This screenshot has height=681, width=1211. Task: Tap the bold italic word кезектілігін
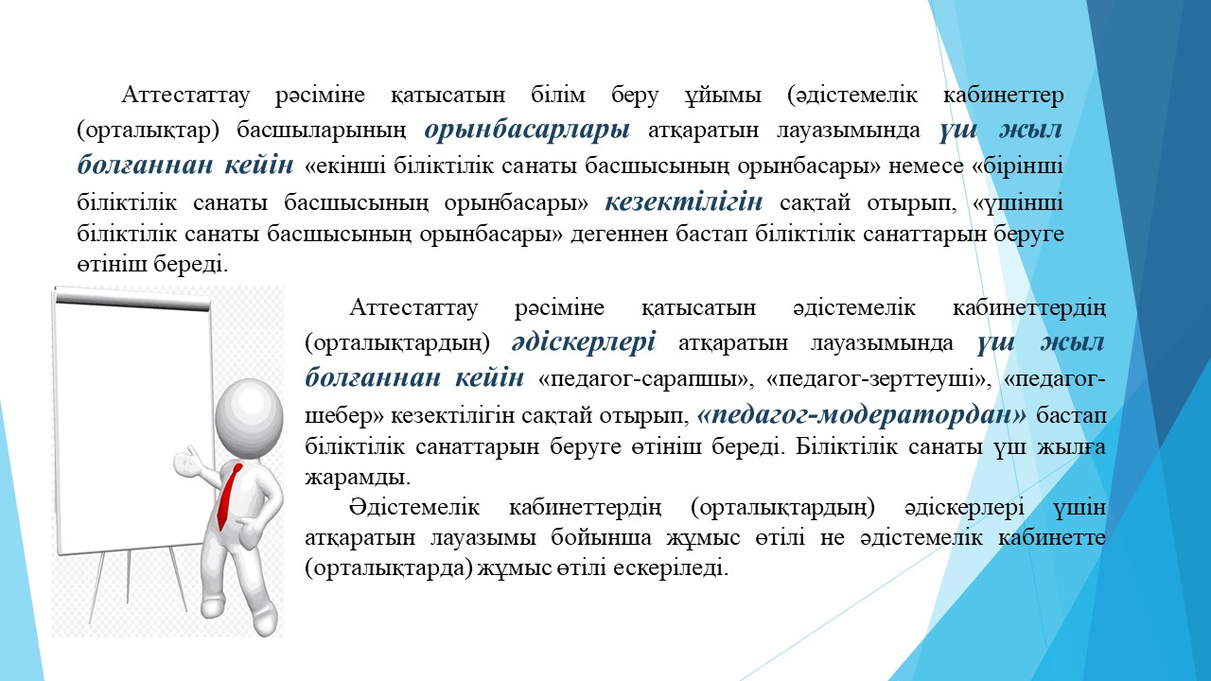[x=684, y=202]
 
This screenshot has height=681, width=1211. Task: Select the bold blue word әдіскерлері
[x=584, y=342]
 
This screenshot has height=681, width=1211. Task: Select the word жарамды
[x=358, y=478]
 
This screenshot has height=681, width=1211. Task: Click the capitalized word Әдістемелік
[x=414, y=508]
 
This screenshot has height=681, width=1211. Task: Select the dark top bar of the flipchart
[x=132, y=302]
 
